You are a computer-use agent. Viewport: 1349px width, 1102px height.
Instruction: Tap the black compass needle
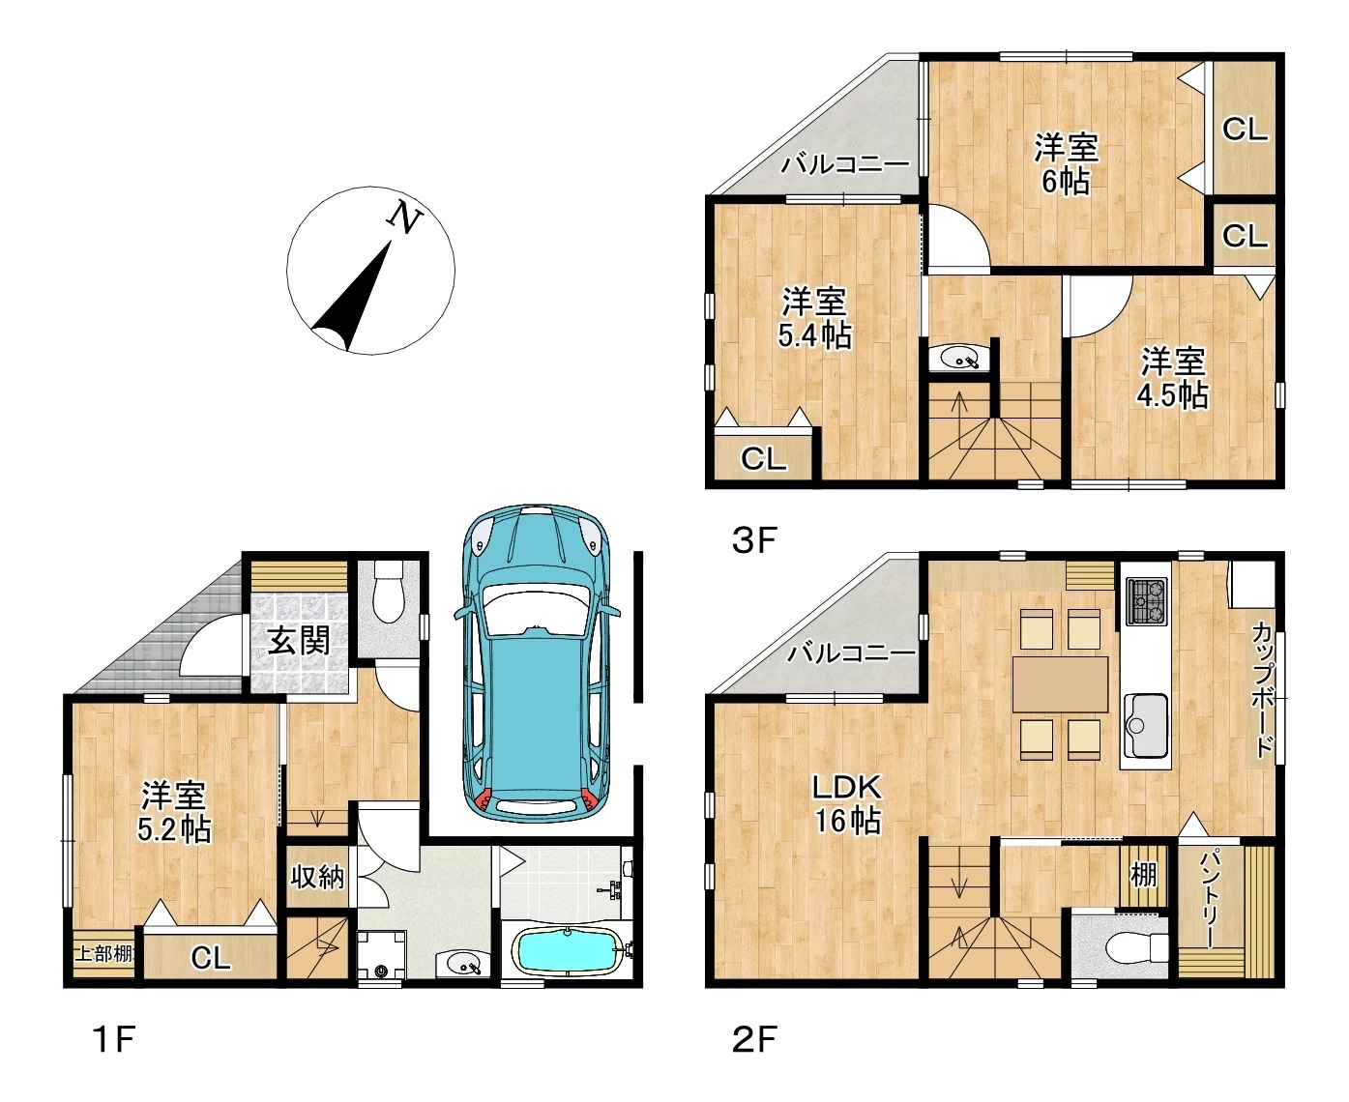(354, 297)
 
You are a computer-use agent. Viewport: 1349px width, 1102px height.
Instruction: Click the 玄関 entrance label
(299, 641)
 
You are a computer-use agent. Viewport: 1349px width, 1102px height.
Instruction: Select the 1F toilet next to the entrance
(388, 592)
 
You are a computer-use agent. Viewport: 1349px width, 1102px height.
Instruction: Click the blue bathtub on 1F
(566, 952)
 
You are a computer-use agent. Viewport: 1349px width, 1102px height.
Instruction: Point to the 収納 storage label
(317, 877)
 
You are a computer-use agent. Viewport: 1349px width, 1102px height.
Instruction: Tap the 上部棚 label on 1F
(104, 954)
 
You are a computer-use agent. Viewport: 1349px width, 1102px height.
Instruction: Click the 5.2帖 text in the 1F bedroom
(174, 830)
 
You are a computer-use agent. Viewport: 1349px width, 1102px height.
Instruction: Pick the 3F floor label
(754, 539)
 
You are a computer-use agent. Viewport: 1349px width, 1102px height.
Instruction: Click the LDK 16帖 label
(847, 803)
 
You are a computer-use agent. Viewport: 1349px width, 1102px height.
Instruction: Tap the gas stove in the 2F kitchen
(1146, 601)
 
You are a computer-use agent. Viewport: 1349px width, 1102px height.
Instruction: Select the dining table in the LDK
(1060, 683)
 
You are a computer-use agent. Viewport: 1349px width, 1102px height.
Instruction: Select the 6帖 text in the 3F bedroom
(1065, 181)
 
